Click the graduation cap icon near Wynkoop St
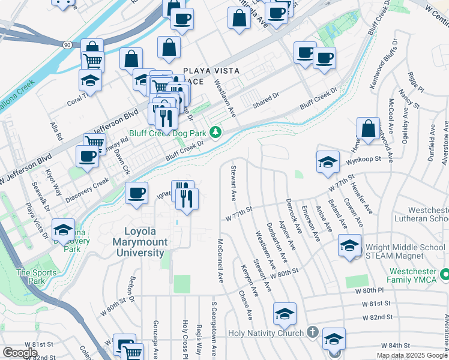328,161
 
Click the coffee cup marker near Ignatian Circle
137,193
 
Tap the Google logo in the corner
19,353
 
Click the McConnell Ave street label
221,262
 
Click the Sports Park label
31,277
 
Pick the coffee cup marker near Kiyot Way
87,155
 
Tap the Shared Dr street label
266,100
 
